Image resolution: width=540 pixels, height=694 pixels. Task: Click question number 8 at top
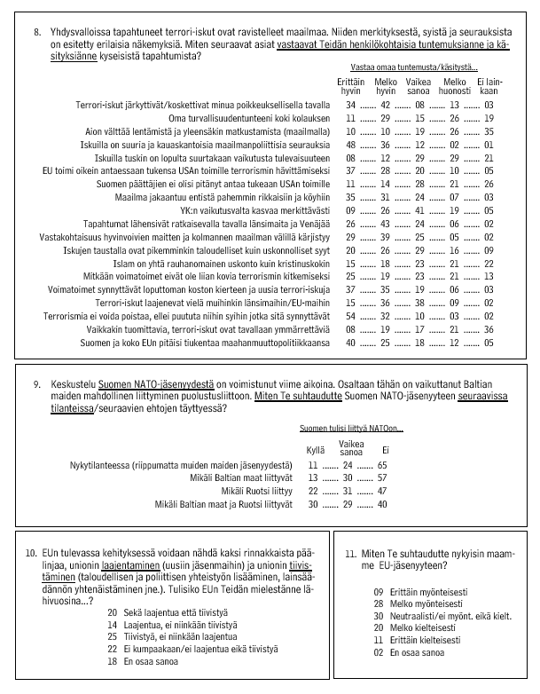point(38,32)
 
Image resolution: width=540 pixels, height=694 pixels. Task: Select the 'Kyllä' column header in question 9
point(315,452)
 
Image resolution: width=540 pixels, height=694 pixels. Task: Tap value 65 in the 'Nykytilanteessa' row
point(382,465)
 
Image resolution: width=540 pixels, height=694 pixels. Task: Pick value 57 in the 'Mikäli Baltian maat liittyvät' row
point(382,477)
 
